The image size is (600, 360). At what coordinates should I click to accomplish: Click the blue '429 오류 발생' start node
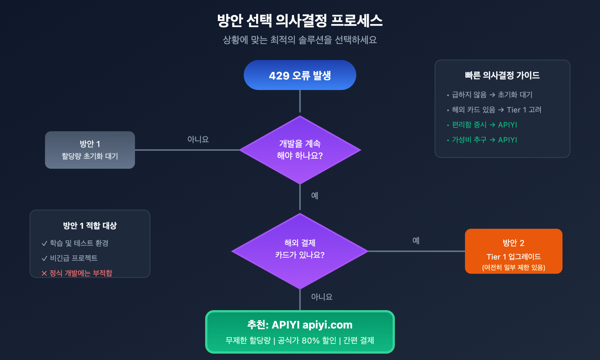pyautogui.click(x=300, y=75)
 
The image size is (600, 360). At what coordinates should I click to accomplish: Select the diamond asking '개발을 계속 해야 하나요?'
pyautogui.click(x=300, y=150)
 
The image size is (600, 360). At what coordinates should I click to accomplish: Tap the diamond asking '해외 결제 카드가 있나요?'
pyautogui.click(x=300, y=250)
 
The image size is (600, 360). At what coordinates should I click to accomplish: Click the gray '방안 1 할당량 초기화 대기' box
pyautogui.click(x=90, y=150)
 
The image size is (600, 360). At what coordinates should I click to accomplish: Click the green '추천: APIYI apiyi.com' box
pyautogui.click(x=300, y=331)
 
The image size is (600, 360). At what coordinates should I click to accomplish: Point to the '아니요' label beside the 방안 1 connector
pyautogui.click(x=198, y=139)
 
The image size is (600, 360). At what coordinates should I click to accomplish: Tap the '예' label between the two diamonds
pyautogui.click(x=315, y=195)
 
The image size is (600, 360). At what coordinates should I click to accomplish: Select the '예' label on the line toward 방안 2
pyautogui.click(x=416, y=240)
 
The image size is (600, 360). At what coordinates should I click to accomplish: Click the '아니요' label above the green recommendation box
pyautogui.click(x=322, y=297)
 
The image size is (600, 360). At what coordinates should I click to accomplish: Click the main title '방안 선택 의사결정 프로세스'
pyautogui.click(x=300, y=21)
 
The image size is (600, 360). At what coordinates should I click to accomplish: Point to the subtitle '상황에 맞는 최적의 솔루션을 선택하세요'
pyautogui.click(x=300, y=40)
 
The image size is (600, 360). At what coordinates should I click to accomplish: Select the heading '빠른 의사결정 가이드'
pyautogui.click(x=502, y=75)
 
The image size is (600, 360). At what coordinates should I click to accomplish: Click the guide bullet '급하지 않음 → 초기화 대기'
pyautogui.click(x=492, y=95)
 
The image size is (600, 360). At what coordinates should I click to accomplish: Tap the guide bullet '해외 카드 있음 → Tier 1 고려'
pyautogui.click(x=496, y=110)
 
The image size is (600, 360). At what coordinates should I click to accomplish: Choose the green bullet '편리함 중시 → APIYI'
pyautogui.click(x=484, y=125)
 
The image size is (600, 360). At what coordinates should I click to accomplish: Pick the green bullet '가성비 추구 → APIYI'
pyautogui.click(x=484, y=140)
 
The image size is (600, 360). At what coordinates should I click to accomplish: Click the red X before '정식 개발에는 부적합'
pyautogui.click(x=44, y=273)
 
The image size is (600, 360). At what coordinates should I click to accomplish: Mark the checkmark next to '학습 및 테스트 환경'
pyautogui.click(x=44, y=243)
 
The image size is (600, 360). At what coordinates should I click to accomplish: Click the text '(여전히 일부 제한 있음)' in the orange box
pyautogui.click(x=513, y=267)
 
